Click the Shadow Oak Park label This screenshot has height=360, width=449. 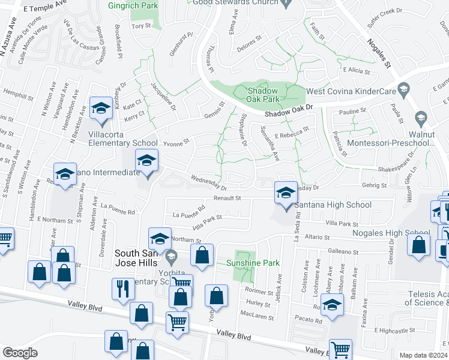tap(264, 94)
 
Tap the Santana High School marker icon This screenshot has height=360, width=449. tap(286, 193)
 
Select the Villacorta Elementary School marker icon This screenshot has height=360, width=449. tap(101, 109)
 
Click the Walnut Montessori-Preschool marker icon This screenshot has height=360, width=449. tap(421, 118)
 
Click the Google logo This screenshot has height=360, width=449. tap(20, 353)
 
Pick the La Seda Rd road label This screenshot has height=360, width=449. tap(297, 229)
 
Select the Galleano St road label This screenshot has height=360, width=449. tap(342, 253)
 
